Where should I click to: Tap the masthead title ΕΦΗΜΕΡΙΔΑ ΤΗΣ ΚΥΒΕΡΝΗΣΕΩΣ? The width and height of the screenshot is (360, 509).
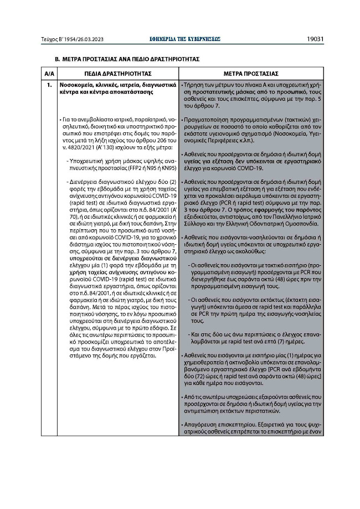coord(181,39)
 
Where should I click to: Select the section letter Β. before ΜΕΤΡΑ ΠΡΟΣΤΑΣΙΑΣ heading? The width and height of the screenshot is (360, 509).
coord(56,58)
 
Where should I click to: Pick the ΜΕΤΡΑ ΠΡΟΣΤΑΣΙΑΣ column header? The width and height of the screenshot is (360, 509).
coord(250,73)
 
